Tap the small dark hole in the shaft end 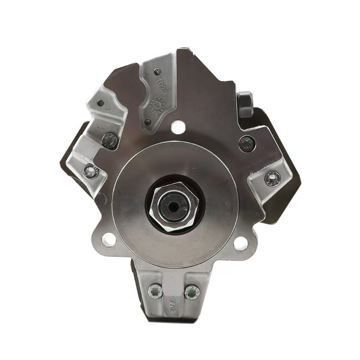[175, 207]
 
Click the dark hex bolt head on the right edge [245, 104]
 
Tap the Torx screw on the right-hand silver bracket [273, 178]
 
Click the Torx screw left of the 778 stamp [155, 291]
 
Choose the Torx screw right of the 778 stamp [192, 292]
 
